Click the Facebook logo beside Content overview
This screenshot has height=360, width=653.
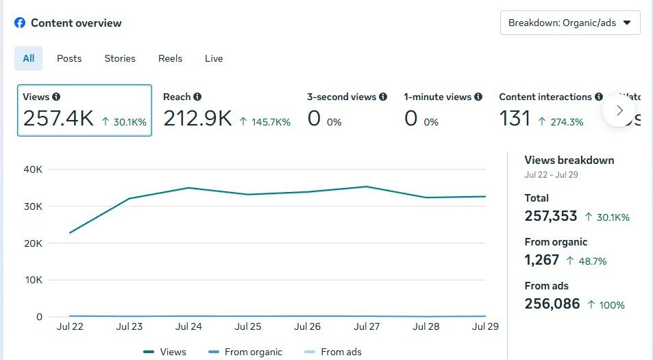[20, 23]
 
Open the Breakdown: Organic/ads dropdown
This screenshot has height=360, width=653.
[570, 23]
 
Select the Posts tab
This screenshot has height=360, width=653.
[69, 58]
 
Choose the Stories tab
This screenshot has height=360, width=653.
[120, 58]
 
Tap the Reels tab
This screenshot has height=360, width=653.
[170, 58]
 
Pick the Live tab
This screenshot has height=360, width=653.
[214, 58]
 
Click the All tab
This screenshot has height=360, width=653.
[28, 58]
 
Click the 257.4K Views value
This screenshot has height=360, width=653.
[58, 119]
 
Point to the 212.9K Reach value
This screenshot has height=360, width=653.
[197, 119]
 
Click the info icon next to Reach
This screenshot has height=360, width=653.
[197, 97]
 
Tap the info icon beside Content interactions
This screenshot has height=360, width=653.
[599, 97]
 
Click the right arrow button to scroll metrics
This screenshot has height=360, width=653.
[619, 110]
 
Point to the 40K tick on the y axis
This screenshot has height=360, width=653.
[34, 169]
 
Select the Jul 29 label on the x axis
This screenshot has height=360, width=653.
[484, 326]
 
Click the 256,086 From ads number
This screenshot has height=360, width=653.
[552, 303]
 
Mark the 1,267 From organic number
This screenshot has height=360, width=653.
[542, 260]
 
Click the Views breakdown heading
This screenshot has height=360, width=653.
[569, 160]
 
